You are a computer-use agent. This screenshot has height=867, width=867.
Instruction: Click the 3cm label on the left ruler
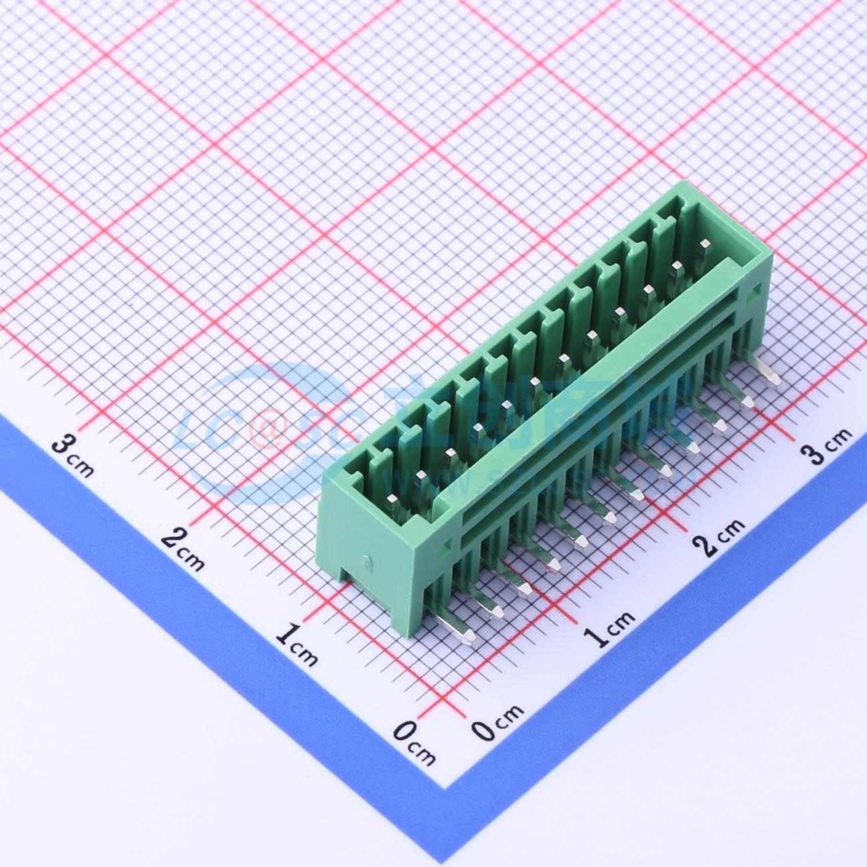(x=73, y=455)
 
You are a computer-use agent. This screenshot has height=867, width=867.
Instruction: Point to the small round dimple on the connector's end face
(x=366, y=561)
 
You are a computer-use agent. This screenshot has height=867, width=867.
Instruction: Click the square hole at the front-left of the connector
(x=445, y=550)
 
